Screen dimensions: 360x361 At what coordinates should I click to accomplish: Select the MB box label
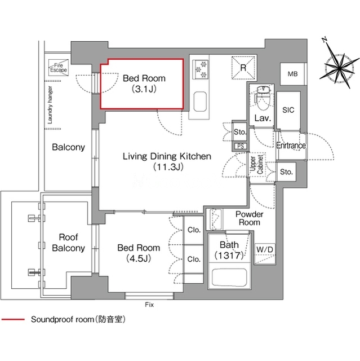tap(292, 74)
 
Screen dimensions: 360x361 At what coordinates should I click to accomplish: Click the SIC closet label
tap(288, 110)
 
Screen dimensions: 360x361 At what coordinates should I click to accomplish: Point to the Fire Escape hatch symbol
tap(59, 67)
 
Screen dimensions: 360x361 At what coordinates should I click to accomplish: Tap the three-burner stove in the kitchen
tap(200, 69)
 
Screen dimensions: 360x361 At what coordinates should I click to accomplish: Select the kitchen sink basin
tap(200, 102)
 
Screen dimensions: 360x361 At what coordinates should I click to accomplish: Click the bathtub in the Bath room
tap(229, 278)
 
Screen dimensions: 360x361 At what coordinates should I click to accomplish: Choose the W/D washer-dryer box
tap(265, 253)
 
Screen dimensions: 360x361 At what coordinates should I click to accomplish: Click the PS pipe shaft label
tap(241, 146)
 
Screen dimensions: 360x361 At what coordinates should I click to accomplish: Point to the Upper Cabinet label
tap(256, 164)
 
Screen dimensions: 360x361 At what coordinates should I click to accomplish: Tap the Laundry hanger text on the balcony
tap(50, 105)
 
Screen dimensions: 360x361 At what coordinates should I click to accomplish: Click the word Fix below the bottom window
tap(149, 305)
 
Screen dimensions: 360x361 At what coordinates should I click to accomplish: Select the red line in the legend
tap(13, 319)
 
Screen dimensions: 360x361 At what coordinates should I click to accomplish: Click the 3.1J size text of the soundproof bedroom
tap(144, 89)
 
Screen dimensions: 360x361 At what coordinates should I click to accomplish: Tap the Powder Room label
tap(250, 218)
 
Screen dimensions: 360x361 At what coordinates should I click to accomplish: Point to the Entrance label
tap(291, 146)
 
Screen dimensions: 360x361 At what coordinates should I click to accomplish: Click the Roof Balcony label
tap(69, 243)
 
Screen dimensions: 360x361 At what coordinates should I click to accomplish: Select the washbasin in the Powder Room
tap(216, 219)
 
